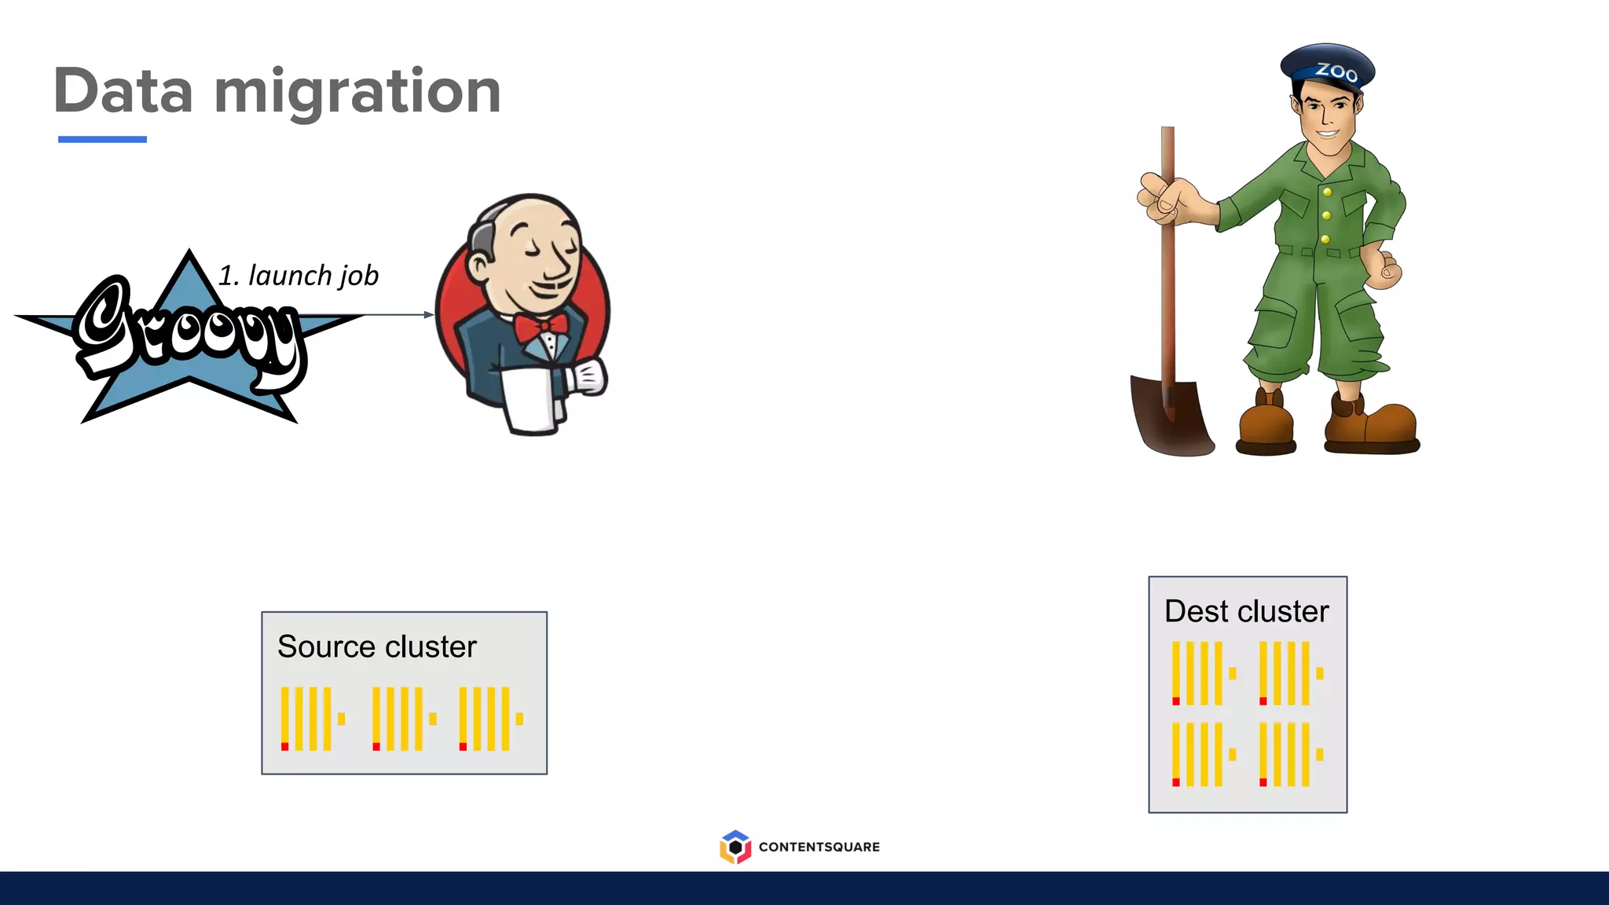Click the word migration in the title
coord(357,93)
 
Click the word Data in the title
coord(123,91)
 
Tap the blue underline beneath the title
coord(102,139)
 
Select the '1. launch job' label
coord(299,276)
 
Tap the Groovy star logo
coord(189,338)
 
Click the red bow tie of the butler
coord(541,326)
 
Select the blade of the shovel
coord(1171,416)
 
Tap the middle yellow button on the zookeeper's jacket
coord(1326,215)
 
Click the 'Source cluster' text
coord(377,647)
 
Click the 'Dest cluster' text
coord(1246,611)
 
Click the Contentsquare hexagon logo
coord(735,847)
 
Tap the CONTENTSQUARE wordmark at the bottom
coord(819,847)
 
